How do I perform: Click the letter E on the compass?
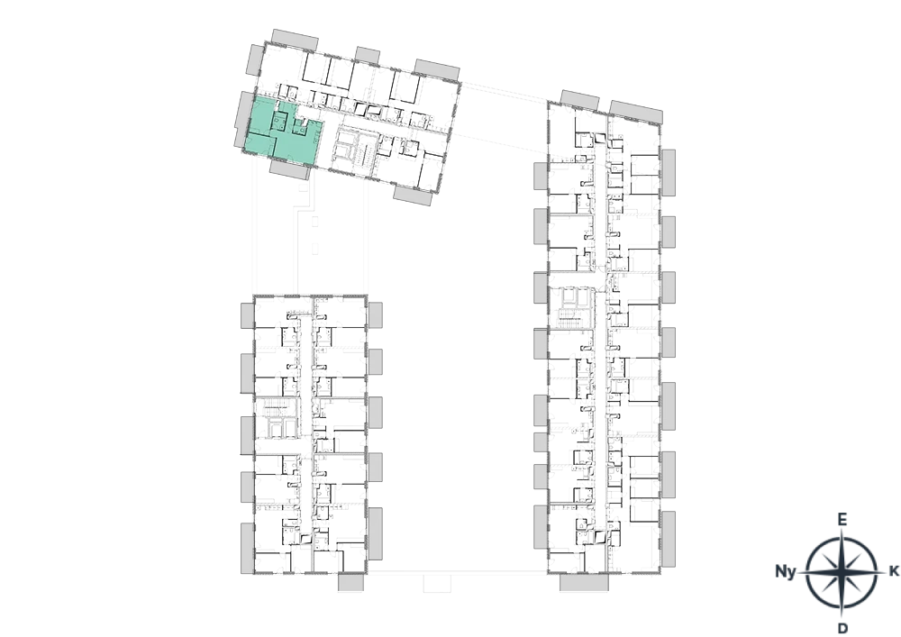pyautogui.click(x=842, y=520)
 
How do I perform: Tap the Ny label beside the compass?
pyautogui.click(x=786, y=571)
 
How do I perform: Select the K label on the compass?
pyautogui.click(x=894, y=571)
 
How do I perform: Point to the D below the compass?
pyautogui.click(x=842, y=628)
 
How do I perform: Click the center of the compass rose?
pyautogui.click(x=842, y=572)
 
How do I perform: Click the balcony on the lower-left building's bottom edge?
pyautogui.click(x=350, y=582)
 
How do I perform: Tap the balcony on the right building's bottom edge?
pyautogui.click(x=584, y=582)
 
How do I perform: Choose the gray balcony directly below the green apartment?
pyautogui.click(x=290, y=168)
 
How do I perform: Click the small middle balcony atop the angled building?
pyautogui.click(x=368, y=55)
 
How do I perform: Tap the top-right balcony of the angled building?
pyautogui.click(x=437, y=69)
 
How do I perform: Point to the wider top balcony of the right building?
pyautogui.click(x=636, y=112)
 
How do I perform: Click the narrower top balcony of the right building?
pyautogui.click(x=579, y=100)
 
